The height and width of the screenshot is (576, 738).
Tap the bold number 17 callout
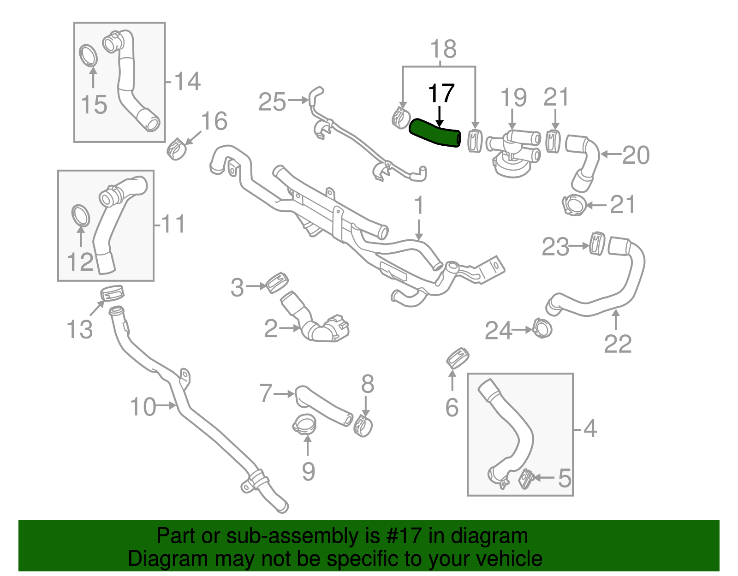pos(441,94)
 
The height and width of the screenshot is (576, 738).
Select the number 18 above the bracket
pos(443,49)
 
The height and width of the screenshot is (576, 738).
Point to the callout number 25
pos(272,102)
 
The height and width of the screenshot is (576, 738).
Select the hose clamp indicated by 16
pos(176,148)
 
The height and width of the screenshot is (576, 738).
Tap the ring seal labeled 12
pos(81,216)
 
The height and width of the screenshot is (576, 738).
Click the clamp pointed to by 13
pos(113,292)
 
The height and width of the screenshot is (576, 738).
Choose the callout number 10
pos(143,407)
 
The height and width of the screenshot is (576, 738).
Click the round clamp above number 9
pos(304,424)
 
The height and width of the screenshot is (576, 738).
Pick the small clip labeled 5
pos(525,478)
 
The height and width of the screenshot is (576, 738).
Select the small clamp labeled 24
pos(542,328)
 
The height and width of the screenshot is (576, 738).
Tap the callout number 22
pos(618,344)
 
